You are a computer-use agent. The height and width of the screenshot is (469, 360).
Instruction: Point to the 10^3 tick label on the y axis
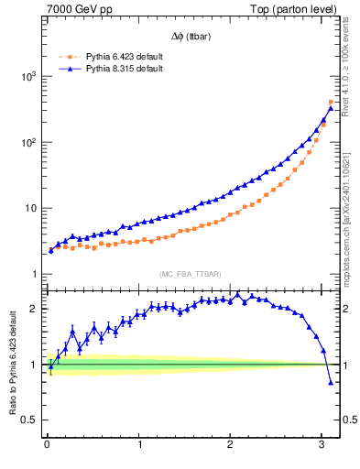point(27,76)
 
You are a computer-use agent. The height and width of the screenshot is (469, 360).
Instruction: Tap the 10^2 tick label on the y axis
point(27,143)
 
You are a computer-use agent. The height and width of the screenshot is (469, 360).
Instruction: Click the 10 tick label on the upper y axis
point(30,209)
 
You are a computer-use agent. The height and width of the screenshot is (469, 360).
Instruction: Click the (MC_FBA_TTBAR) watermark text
point(191,274)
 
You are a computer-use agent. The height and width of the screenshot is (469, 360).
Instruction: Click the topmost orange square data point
point(331,102)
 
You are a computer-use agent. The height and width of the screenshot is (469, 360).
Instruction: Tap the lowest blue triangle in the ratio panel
point(331,383)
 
